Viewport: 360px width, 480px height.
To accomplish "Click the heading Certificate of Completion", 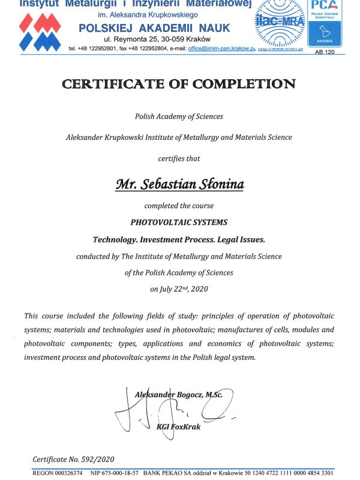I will click(179, 84).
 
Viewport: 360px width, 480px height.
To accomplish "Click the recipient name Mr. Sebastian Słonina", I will click(179, 184).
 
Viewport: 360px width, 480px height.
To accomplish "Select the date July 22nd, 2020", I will click(179, 289).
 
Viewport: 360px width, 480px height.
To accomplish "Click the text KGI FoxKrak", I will click(178, 427).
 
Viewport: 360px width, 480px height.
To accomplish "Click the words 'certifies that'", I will click(179, 159).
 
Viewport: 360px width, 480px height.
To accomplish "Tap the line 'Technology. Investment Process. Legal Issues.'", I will click(179, 239).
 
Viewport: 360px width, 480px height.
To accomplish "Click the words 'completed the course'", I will click(179, 206).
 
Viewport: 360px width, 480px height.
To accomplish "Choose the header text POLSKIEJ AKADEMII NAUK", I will click(156, 28).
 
